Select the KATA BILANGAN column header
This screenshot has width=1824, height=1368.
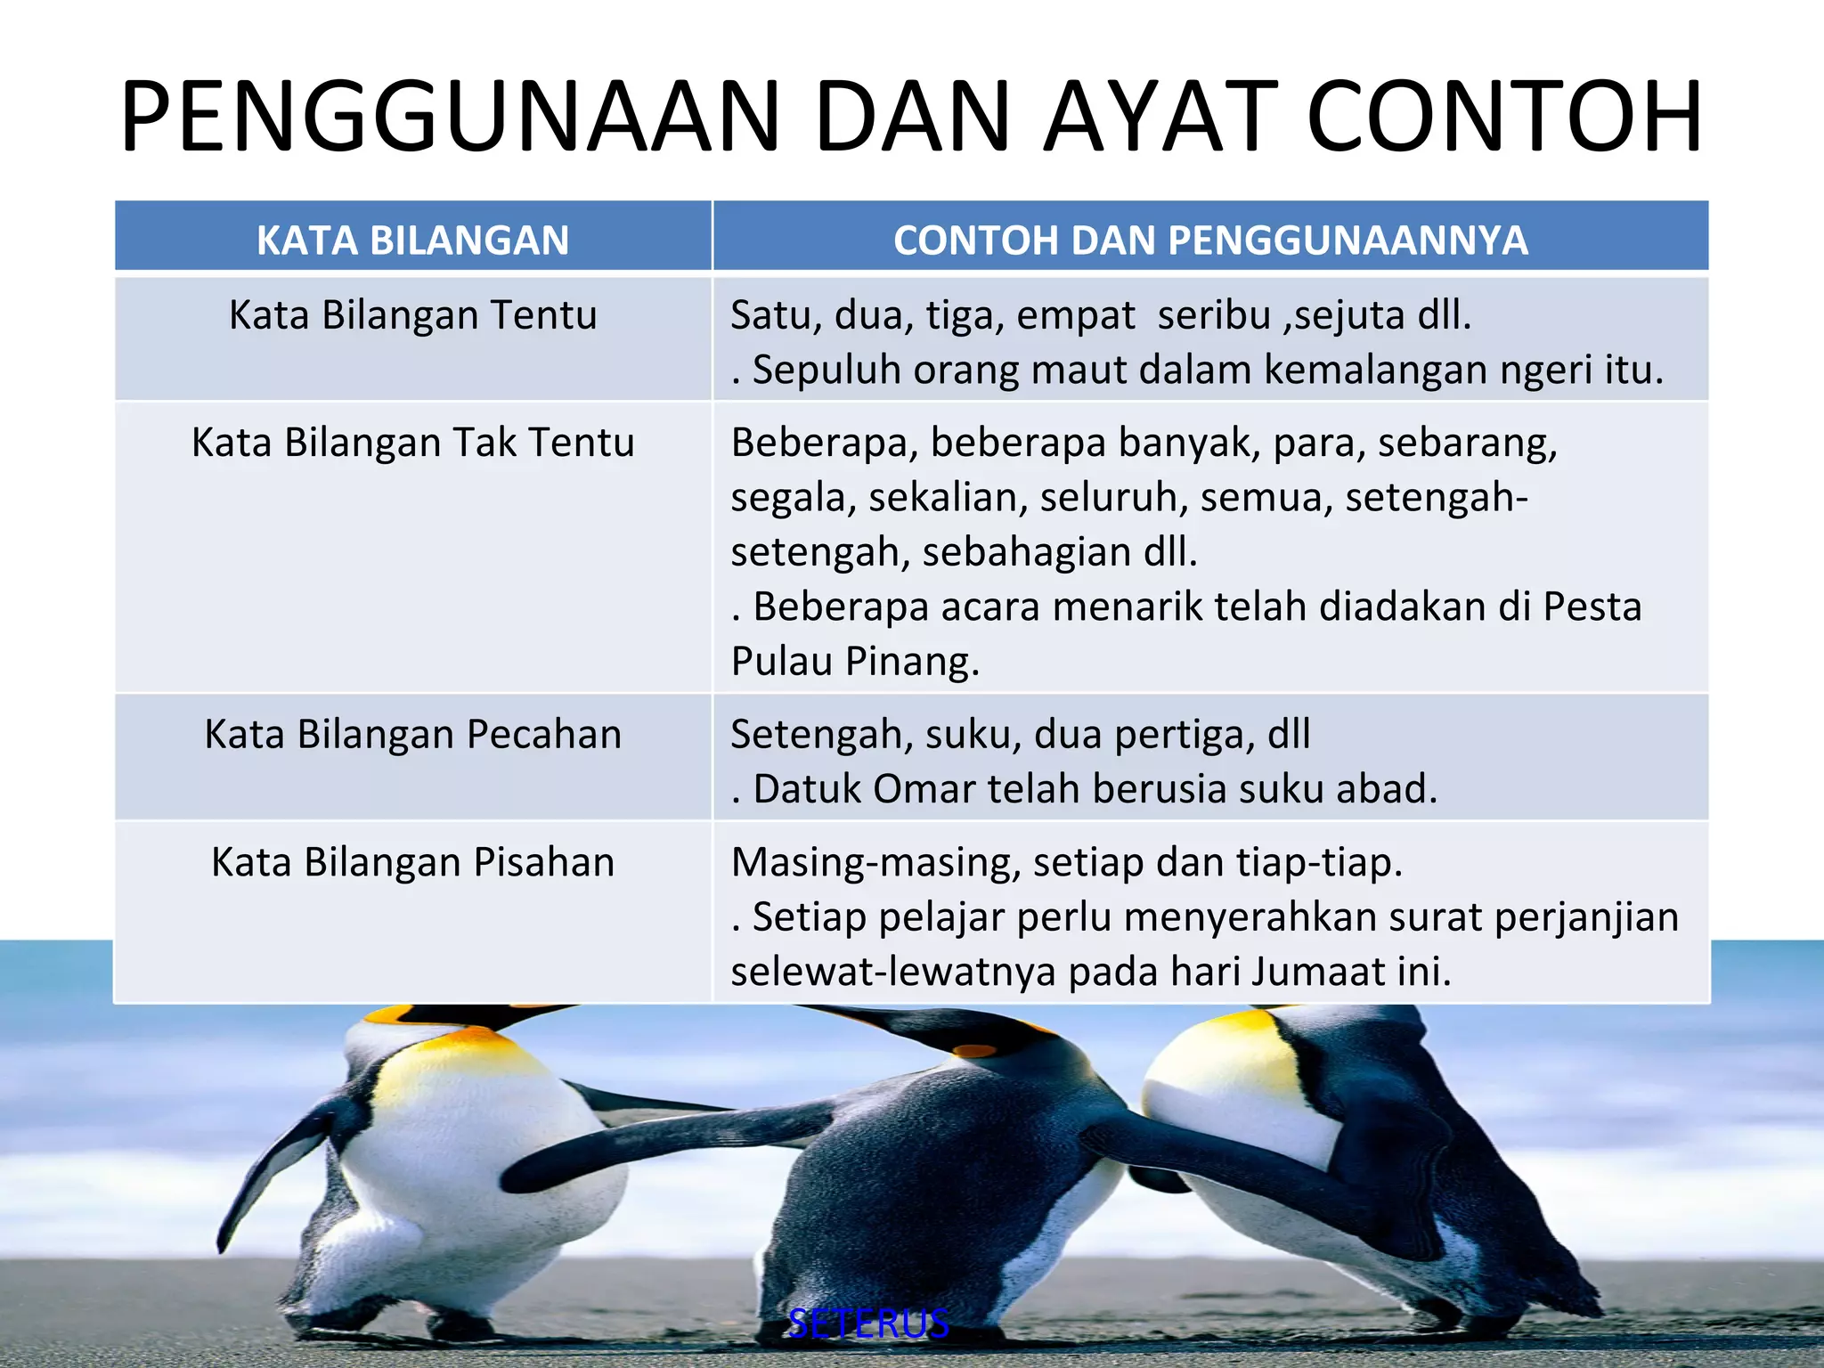(x=412, y=240)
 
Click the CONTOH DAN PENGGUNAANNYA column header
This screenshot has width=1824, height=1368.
(x=1210, y=240)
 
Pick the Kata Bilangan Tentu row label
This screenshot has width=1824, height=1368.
(x=412, y=315)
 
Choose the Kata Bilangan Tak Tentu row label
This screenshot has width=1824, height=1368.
(x=412, y=443)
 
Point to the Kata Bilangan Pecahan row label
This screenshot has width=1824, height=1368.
(x=412, y=735)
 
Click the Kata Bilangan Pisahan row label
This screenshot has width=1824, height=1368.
(x=412, y=862)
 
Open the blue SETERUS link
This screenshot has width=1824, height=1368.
(x=868, y=1324)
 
